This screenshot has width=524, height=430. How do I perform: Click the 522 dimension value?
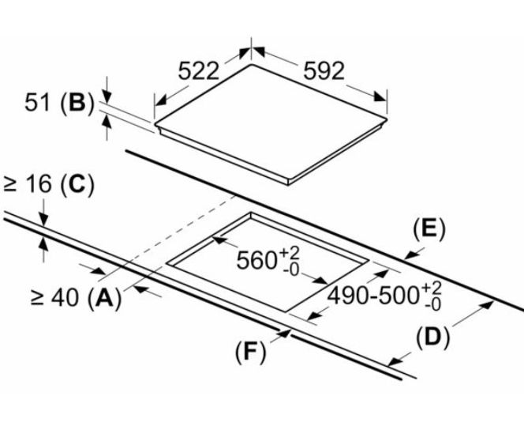coord(197,70)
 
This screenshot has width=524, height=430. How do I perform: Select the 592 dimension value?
coord(324,70)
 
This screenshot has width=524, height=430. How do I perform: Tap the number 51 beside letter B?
coord(40,104)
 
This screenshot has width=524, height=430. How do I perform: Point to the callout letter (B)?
coord(77,104)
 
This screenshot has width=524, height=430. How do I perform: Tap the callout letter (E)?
coord(429,229)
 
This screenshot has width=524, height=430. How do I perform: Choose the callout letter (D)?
coord(432,338)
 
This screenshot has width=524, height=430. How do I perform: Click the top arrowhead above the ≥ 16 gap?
coord(44,219)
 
